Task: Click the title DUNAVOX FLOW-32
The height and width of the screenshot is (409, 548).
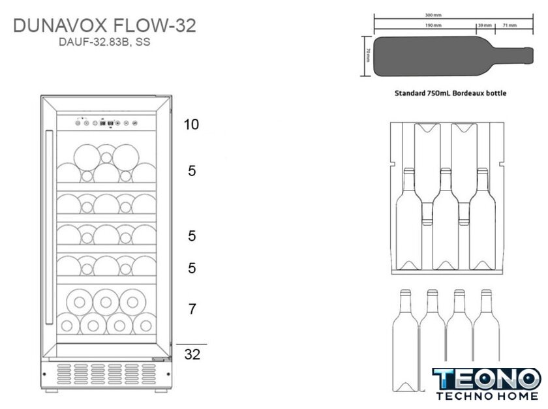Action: (x=104, y=26)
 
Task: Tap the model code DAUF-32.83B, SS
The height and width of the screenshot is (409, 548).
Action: (x=104, y=44)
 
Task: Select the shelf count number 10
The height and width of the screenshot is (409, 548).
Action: (x=191, y=125)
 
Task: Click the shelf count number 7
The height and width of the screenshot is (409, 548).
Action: (x=192, y=309)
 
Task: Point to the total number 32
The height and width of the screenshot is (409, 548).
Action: (x=192, y=355)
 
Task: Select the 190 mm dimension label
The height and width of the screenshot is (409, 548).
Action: (x=433, y=25)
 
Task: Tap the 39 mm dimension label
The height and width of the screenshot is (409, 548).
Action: (x=485, y=25)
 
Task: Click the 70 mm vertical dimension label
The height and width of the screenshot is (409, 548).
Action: (x=368, y=55)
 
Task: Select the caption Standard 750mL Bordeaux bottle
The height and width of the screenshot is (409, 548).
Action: (x=450, y=93)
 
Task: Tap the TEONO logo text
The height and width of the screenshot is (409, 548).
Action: (x=486, y=379)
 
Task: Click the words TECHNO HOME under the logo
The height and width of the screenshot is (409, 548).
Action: (x=486, y=396)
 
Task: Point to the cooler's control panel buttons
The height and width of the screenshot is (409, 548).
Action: (x=106, y=121)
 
